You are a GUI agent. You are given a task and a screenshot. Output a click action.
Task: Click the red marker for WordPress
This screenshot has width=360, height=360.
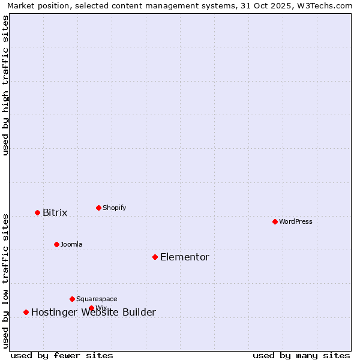coord(275,221)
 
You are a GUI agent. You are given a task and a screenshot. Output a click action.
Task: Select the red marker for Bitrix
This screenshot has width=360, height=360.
coord(37,212)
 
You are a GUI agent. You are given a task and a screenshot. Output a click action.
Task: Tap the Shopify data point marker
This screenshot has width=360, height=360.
coord(98,208)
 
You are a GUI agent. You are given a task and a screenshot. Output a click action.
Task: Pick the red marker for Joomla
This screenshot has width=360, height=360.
coord(56,244)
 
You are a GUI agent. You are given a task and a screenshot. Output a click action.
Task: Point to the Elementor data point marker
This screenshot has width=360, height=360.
coord(155,257)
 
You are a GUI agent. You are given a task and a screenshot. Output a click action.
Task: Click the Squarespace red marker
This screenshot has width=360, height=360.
coord(72,299)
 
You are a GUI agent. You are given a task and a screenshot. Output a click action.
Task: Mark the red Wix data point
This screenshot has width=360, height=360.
coord(91,308)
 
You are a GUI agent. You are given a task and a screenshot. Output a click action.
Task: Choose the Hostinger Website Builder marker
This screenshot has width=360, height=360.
coord(26,312)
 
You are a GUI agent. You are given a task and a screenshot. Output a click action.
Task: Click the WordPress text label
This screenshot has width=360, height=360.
coord(296,221)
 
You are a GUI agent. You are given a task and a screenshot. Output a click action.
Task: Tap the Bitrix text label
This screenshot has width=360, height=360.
coord(55,212)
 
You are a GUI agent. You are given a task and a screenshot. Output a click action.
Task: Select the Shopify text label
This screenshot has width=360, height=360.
coord(114,208)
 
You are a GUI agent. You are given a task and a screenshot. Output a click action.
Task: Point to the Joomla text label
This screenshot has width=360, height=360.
coord(71,244)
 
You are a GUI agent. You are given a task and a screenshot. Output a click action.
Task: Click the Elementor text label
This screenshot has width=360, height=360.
coord(184,257)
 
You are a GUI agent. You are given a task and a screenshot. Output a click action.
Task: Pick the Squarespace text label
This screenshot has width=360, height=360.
coord(97,299)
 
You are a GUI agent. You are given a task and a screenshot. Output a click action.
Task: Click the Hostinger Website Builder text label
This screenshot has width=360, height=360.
coord(93,312)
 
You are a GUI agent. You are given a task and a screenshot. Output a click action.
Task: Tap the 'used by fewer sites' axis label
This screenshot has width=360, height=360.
coord(62,355)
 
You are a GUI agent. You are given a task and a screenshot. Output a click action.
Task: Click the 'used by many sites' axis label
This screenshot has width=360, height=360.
coord(301,355)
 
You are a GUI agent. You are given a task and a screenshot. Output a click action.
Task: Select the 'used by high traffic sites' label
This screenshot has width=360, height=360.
coord(5,85)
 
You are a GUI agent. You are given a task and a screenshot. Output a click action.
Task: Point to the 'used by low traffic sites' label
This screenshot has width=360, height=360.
coord(5,280)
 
